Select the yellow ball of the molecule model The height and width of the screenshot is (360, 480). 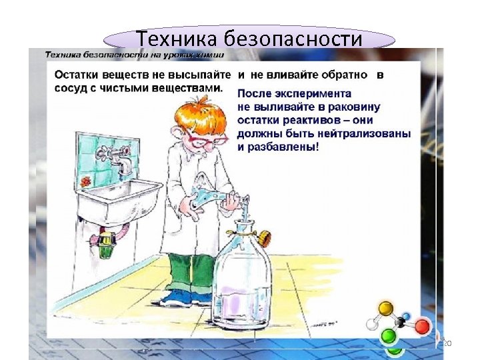coord(386,308)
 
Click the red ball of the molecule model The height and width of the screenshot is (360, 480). coord(423,327)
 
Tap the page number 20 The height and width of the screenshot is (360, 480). coord(447,343)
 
